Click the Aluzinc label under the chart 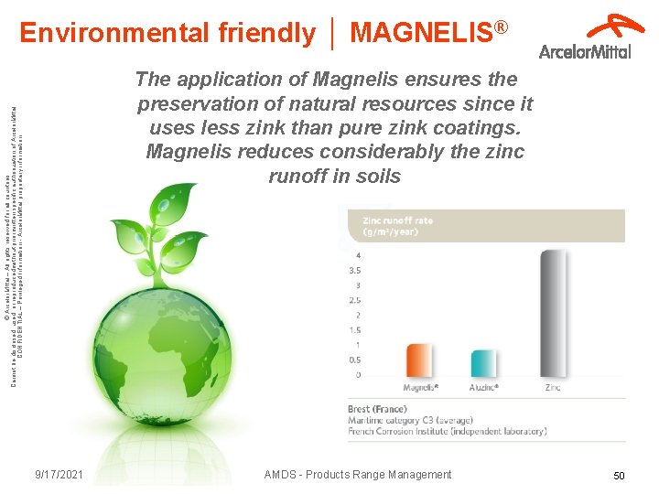(484, 388)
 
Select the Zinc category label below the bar (553, 388)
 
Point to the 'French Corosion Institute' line (447, 431)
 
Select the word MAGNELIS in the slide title (421, 33)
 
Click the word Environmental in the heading (115, 33)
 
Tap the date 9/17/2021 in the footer (59, 475)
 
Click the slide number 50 (619, 477)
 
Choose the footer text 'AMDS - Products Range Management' (357, 475)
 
